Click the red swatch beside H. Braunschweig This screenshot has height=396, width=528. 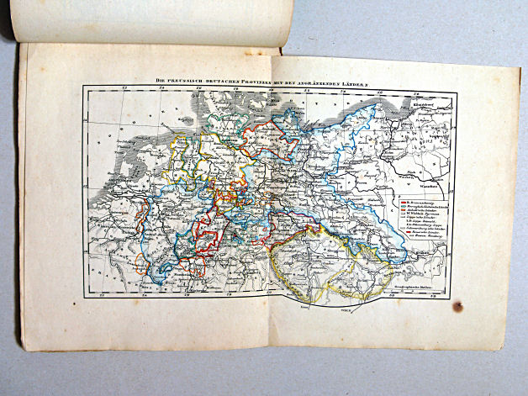pyautogui.click(x=402, y=203)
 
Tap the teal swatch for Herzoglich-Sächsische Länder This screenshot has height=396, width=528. pyautogui.click(x=402, y=207)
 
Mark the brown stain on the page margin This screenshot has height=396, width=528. pyautogui.click(x=457, y=307)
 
